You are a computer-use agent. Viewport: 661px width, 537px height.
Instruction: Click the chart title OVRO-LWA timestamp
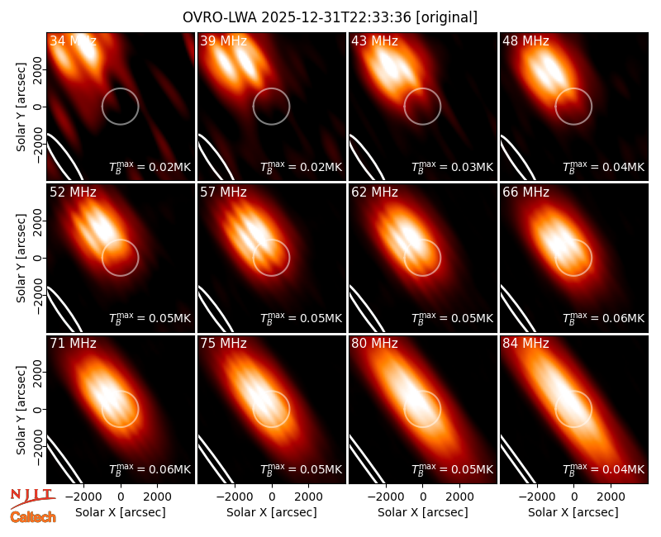pyautogui.click(x=330, y=17)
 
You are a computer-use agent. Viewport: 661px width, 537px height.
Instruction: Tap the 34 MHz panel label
pyautogui.click(x=73, y=40)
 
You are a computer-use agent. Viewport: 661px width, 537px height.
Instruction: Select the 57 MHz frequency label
pyautogui.click(x=223, y=192)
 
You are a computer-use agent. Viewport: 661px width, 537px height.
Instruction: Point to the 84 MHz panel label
pyautogui.click(x=525, y=344)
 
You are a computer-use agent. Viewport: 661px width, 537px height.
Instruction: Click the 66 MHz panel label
pyautogui.click(x=525, y=192)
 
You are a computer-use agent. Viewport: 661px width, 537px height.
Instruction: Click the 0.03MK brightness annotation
pyautogui.click(x=452, y=167)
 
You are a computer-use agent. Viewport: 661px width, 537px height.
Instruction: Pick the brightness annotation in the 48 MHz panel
pyautogui.click(x=604, y=167)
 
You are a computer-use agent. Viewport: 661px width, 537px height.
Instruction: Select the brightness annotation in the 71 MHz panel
pyautogui.click(x=150, y=469)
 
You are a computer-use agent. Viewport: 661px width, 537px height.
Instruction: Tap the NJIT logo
pyautogui.click(x=32, y=498)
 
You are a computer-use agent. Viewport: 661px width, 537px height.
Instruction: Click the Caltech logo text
pyautogui.click(x=33, y=517)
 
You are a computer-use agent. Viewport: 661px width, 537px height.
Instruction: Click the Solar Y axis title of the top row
pyautogui.click(x=21, y=107)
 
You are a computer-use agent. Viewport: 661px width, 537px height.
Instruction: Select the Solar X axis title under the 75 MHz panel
pyautogui.click(x=272, y=512)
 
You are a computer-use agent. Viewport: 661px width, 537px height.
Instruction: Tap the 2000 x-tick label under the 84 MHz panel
pyautogui.click(x=611, y=497)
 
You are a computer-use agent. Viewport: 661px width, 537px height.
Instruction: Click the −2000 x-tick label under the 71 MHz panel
pyautogui.click(x=83, y=497)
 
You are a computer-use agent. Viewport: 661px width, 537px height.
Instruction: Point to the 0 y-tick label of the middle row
pyautogui.click(x=38, y=258)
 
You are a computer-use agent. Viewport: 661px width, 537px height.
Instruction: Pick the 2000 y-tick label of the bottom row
pyautogui.click(x=38, y=373)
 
